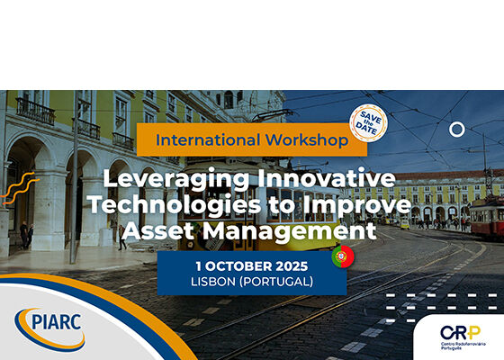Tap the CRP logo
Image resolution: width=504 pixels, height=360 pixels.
tap(463, 337)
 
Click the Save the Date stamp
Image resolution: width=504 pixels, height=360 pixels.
tap(368, 122)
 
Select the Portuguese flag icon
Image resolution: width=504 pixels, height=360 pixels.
tap(343, 256)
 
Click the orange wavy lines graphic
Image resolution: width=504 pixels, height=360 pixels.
tap(20, 188)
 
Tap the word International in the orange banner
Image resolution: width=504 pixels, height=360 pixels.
tap(208, 140)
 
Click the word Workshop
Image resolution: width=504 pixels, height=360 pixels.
tap(307, 140)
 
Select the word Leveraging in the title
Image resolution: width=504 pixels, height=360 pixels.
tap(176, 179)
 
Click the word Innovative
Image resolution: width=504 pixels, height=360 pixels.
tap(326, 178)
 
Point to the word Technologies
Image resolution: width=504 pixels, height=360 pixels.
tap(175, 205)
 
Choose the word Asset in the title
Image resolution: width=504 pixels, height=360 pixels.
tap(158, 230)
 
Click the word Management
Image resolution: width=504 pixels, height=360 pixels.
tap(289, 231)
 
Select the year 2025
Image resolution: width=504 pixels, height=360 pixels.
tap(292, 266)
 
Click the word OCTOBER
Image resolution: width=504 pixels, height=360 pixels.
tap(238, 266)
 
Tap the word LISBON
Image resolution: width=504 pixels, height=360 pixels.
tap(213, 282)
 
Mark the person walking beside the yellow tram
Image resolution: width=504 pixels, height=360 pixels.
tap(121, 238)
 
